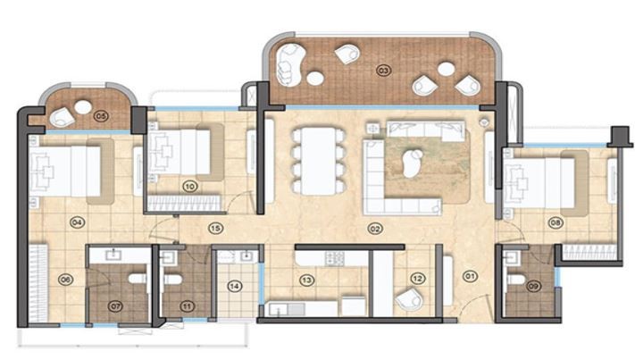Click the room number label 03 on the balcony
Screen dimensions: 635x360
(x=383, y=71)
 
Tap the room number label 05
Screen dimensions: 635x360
(x=101, y=116)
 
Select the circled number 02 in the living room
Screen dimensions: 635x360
(x=375, y=229)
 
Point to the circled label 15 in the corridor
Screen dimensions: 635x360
(x=215, y=229)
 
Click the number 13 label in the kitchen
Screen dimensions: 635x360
(x=306, y=280)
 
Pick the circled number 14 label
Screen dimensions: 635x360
(x=235, y=286)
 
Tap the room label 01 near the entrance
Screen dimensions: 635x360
(x=470, y=277)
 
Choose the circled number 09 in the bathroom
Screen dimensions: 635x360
(x=533, y=286)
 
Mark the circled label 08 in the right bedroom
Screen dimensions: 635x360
(x=556, y=222)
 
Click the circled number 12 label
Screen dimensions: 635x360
(x=418, y=278)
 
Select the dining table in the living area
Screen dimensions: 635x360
(x=319, y=161)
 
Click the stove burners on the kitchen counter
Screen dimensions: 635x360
(x=335, y=258)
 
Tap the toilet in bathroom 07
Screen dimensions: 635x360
(x=138, y=279)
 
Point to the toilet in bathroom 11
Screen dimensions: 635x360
(x=173, y=280)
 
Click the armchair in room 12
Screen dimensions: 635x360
(x=409, y=300)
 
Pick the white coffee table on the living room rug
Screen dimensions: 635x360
(x=413, y=163)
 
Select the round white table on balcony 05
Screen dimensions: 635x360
(x=83, y=107)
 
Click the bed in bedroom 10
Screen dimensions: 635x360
(x=180, y=152)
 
